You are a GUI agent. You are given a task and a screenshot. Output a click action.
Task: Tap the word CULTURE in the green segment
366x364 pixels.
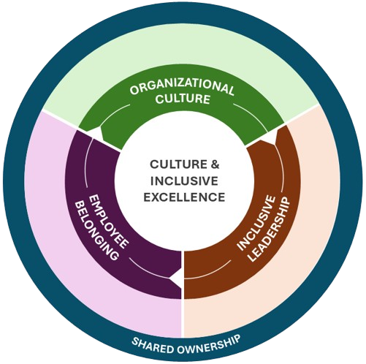pyautogui.click(x=182, y=102)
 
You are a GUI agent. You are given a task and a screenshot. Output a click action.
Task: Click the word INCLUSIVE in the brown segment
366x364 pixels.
pyautogui.click(x=251, y=223)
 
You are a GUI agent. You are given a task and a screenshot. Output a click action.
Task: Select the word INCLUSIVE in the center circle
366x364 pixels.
pyautogui.click(x=182, y=181)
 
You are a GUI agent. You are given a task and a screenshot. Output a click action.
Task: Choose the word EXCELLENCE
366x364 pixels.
pyautogui.click(x=182, y=197)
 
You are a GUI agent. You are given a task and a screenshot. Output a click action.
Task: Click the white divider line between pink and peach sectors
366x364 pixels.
pyautogui.click(x=182, y=314)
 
